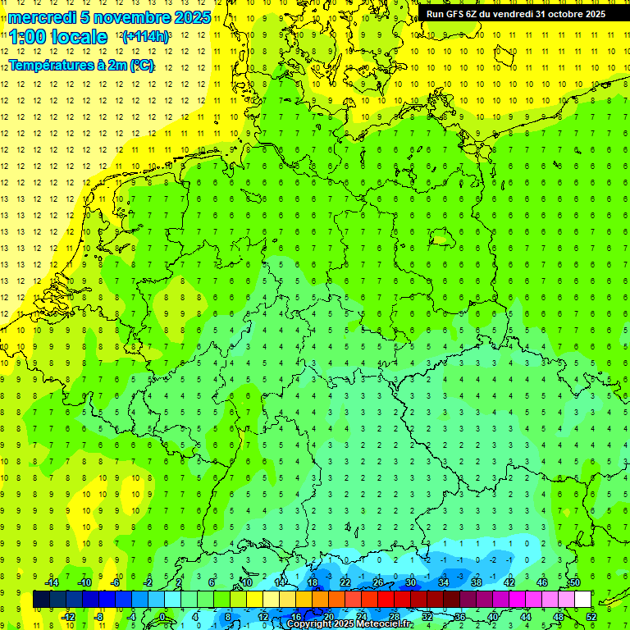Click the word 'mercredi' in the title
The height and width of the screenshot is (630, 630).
click(x=42, y=17)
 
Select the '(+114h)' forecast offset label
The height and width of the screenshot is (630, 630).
click(x=145, y=36)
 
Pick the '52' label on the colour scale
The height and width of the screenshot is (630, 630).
click(x=591, y=616)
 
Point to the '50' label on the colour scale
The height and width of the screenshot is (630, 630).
click(x=575, y=582)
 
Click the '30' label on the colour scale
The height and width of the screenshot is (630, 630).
click(x=411, y=582)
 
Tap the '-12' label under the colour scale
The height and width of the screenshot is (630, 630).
click(x=68, y=616)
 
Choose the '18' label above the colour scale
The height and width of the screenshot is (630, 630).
click(x=313, y=582)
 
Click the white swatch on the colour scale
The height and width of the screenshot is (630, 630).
click(x=582, y=600)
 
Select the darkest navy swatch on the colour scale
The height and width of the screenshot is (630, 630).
click(x=41, y=600)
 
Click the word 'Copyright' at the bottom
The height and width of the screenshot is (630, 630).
click(x=309, y=624)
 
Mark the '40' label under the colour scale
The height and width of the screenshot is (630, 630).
click(x=493, y=616)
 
